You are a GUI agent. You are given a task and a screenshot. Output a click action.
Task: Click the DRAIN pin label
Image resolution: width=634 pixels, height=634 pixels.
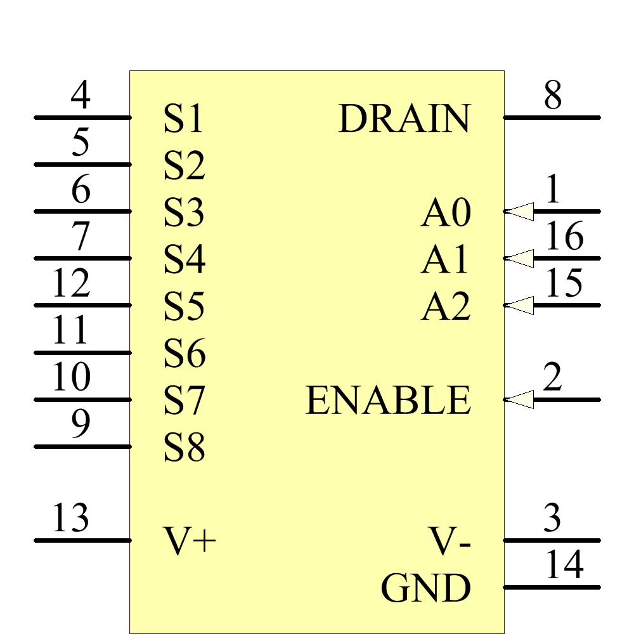point(404,119)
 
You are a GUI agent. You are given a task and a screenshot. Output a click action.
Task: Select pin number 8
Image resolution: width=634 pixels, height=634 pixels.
point(552,96)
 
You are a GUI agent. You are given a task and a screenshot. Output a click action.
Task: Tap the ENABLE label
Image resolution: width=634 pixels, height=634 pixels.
point(388,400)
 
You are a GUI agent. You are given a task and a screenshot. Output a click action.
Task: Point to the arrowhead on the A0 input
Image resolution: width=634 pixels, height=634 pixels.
point(521,211)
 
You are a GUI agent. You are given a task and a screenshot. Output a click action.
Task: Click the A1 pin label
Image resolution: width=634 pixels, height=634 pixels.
point(446,260)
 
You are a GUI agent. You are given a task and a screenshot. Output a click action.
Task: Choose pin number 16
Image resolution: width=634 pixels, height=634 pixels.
point(564,237)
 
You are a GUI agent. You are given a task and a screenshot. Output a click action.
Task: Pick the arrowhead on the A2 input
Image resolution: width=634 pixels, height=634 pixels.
point(521,306)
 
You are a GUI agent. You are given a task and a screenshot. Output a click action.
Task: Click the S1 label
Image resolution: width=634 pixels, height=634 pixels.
point(183,119)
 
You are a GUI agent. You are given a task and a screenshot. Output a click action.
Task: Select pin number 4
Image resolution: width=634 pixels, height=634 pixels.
point(81,96)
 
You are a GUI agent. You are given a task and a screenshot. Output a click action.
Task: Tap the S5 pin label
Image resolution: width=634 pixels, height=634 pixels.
point(184,307)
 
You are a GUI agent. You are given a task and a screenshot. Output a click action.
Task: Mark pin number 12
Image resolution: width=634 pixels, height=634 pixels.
point(71,284)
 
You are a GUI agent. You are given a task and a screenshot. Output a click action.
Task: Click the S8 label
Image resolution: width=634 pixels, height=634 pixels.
point(184,448)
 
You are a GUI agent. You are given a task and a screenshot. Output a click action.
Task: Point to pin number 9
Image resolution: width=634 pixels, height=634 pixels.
point(81,425)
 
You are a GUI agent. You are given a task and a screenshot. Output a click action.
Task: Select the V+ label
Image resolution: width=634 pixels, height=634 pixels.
point(190,541)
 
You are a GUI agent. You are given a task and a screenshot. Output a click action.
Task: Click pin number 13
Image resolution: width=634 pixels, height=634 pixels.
point(71,519)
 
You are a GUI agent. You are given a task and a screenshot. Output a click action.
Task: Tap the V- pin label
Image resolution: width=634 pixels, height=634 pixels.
point(451,541)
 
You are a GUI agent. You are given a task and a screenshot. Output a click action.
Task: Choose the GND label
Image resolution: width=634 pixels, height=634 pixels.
point(425,588)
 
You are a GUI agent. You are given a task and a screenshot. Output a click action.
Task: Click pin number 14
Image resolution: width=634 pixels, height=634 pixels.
point(564,566)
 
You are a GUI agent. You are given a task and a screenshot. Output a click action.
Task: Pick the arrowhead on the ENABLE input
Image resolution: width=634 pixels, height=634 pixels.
point(521,399)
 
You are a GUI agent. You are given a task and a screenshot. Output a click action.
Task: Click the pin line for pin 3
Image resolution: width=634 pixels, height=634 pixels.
point(552,540)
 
